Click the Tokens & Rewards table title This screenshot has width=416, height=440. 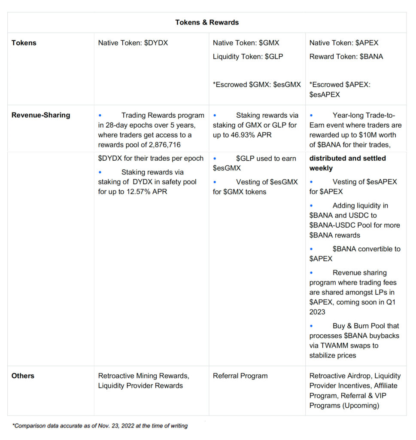(x=207, y=22)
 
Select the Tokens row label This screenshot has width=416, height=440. (x=24, y=43)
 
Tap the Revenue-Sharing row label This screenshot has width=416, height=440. (x=41, y=115)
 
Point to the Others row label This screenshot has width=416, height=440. (x=23, y=376)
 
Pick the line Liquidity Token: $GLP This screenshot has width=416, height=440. (x=248, y=56)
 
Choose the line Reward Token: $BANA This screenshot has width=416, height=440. (x=346, y=56)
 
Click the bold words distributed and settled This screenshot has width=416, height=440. (x=347, y=158)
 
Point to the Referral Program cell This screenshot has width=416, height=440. (x=240, y=376)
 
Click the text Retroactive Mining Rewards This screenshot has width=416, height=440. (x=143, y=376)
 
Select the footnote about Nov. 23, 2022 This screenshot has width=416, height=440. (x=100, y=426)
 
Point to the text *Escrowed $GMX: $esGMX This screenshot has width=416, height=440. (x=257, y=85)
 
